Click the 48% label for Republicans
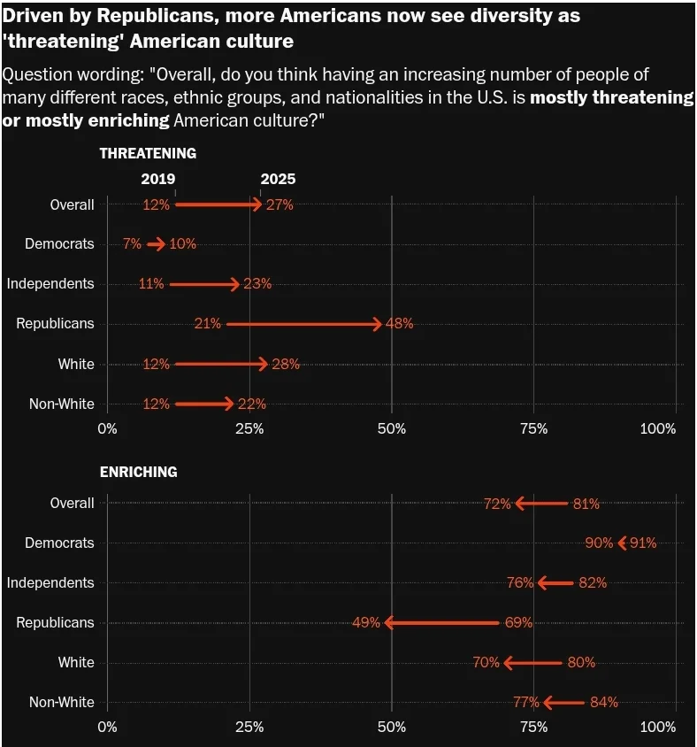400,324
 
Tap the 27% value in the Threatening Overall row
280,204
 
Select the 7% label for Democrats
132,244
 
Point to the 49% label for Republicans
366,623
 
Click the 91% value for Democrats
643,543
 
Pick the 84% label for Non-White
604,703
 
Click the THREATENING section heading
148,153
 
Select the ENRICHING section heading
138,472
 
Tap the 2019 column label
158,179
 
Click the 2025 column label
278,179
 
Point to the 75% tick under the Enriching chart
533,727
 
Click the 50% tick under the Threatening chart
392,428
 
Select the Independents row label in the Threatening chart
50,284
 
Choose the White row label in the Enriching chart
76,663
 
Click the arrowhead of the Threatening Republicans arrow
377,324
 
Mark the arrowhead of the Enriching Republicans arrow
389,623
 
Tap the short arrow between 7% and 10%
157,244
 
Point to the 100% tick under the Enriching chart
657,727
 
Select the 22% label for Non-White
252,404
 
